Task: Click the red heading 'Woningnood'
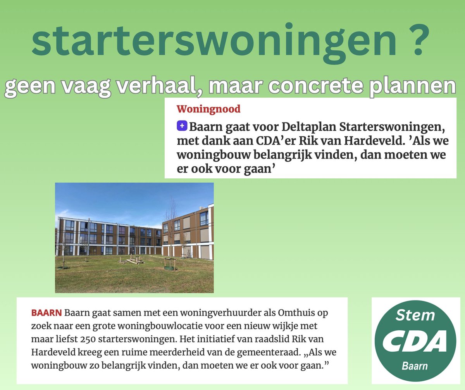point(208,109)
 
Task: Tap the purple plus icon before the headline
point(182,126)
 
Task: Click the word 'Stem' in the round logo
point(415,315)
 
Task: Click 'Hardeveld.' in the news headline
point(394,141)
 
